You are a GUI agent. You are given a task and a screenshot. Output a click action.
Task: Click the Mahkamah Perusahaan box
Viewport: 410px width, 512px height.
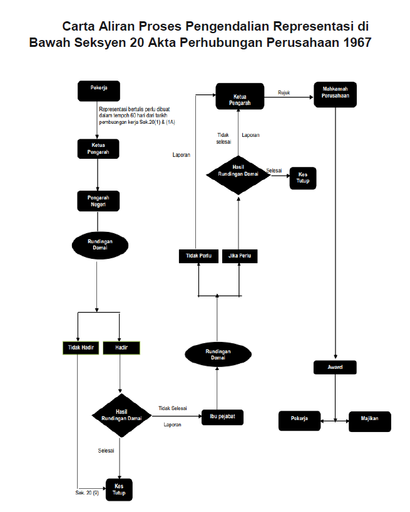pyautogui.click(x=335, y=96)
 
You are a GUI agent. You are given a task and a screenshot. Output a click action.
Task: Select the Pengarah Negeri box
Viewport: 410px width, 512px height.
pyautogui.click(x=98, y=200)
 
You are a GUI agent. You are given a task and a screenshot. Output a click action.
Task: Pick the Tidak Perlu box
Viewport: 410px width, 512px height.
pyautogui.click(x=198, y=256)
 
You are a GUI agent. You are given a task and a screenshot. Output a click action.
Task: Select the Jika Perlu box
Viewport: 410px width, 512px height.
pyautogui.click(x=240, y=256)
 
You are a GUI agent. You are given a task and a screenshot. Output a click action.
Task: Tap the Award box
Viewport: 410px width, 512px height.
pyautogui.click(x=335, y=368)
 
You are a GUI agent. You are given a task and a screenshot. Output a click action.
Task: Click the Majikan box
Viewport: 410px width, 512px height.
pyautogui.click(x=369, y=421)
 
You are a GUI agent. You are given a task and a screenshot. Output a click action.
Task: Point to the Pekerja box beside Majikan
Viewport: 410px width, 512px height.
pyautogui.click(x=299, y=421)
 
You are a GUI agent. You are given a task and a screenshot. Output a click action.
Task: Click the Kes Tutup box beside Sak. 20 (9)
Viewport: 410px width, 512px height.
pyautogui.click(x=119, y=489)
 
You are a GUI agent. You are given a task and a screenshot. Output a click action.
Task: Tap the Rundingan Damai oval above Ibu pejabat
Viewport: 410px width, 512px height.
pyautogui.click(x=218, y=354)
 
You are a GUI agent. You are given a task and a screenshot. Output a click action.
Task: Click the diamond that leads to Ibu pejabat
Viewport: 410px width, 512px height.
pyautogui.click(x=121, y=415)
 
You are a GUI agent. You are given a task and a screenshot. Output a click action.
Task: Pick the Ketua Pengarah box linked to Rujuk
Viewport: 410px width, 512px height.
pyautogui.click(x=238, y=96)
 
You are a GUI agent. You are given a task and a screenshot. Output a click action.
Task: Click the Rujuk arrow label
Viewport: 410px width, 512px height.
pyautogui.click(x=284, y=93)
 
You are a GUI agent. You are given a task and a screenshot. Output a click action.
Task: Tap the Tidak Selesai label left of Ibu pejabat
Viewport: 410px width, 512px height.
pyautogui.click(x=173, y=408)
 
